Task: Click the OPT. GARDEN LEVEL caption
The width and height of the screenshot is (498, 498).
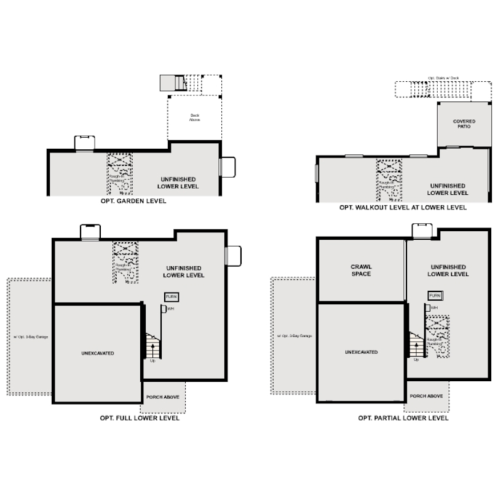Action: coord(133,201)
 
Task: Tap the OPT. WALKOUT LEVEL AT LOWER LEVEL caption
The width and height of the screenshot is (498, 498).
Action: coord(403,208)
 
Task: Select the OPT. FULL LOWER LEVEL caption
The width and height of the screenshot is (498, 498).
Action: coord(140,418)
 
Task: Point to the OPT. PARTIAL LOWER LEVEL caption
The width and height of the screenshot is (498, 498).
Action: coord(403,418)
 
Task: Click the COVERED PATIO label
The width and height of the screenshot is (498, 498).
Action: coord(464,124)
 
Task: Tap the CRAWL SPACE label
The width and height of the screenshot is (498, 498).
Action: coord(361,270)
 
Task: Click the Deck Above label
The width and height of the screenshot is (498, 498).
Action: coord(194,117)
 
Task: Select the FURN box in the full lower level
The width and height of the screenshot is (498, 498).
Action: coord(172,296)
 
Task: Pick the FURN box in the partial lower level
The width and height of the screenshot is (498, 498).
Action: coord(435,296)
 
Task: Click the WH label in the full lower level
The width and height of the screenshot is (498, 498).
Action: coord(170,308)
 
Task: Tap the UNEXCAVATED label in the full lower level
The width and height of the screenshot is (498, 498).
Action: coord(98,353)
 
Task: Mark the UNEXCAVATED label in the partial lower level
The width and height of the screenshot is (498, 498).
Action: coord(361,352)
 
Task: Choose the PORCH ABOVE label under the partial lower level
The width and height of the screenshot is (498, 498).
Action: coord(426,397)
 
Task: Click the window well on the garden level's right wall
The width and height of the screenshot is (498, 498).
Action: coord(227,167)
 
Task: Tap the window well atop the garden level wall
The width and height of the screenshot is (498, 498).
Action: coord(84,143)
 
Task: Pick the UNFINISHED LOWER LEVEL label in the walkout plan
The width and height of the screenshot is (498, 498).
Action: coord(448,189)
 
